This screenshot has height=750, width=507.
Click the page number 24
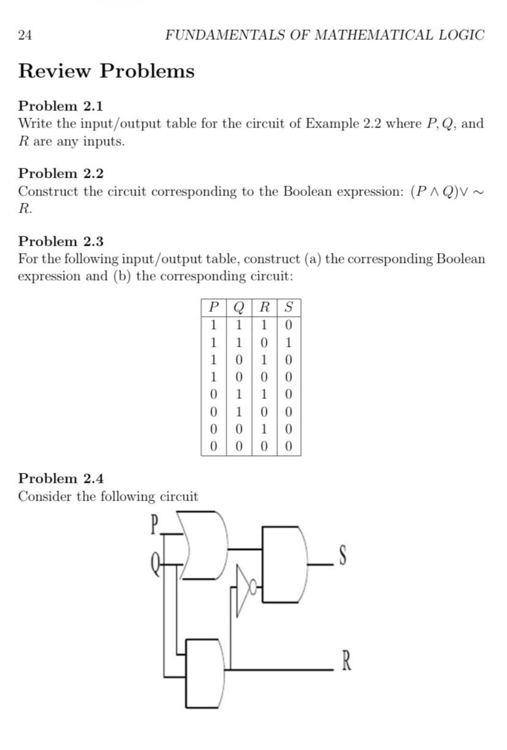[x=25, y=35]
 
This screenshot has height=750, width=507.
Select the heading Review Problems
[x=106, y=71]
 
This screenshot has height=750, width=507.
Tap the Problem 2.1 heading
[x=61, y=106]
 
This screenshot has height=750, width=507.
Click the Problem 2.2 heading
[x=61, y=173]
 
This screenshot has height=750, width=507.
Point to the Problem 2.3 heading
[x=61, y=241]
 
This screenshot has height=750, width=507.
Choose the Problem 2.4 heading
[x=61, y=478]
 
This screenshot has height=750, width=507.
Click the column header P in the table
[x=213, y=307]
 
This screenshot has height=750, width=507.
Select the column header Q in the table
[x=239, y=307]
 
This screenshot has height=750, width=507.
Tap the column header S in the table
[x=289, y=307]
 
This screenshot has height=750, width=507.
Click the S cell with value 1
[x=289, y=342]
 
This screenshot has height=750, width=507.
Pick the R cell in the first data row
[x=264, y=325]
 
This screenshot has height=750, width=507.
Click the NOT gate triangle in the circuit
[x=243, y=590]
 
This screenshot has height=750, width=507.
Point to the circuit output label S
[x=342, y=556]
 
